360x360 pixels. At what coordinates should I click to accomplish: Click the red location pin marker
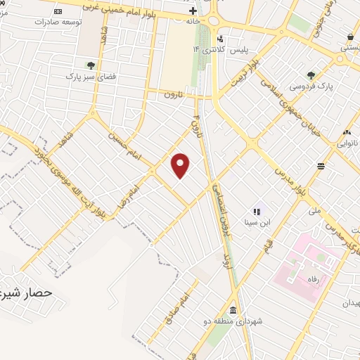pos(181,165)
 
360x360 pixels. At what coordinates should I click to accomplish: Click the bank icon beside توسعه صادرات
pos(57,12)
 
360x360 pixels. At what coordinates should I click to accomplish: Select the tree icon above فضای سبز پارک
pos(91,65)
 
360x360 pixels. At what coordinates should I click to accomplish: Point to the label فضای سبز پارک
pos(89,75)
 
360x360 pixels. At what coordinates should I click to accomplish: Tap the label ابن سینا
pos(257,222)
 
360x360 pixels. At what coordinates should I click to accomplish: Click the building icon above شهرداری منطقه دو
pos(233,311)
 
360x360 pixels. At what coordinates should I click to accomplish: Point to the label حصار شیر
pos(28,290)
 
